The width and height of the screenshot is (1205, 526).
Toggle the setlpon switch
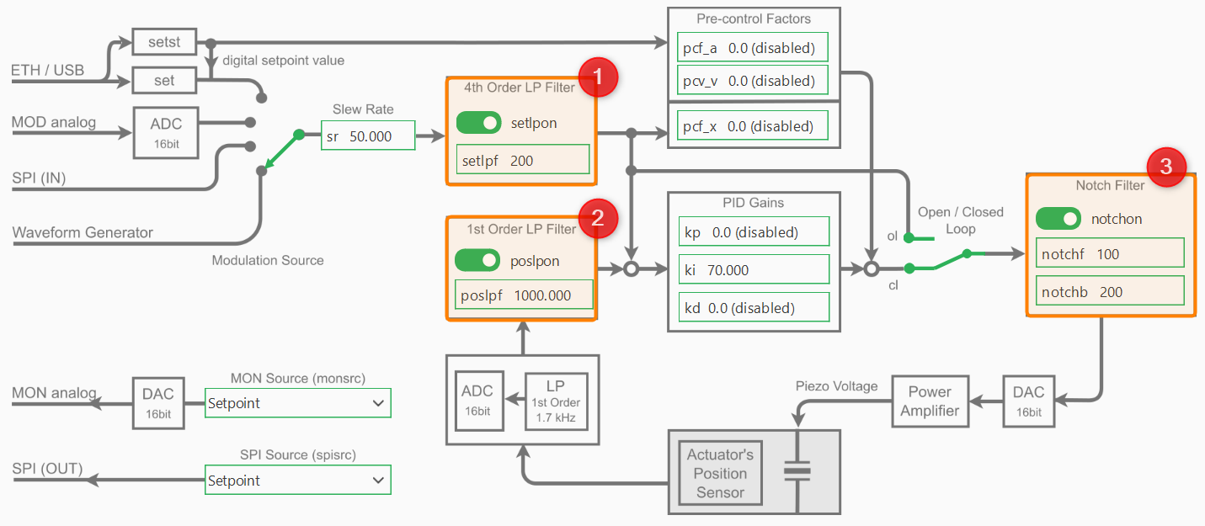[478, 123]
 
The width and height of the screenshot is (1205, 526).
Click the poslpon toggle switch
[477, 261]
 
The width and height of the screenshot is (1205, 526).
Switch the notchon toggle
[1058, 219]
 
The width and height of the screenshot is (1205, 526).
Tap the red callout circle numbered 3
[1165, 167]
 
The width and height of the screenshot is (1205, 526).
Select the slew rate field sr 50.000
[368, 136]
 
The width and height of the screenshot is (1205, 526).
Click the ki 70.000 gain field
[753, 270]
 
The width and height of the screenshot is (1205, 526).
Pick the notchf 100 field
[1110, 253]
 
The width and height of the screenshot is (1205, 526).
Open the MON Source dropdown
[297, 403]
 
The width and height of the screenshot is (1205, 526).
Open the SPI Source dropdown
[297, 481]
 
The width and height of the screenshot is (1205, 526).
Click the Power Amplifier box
[930, 401]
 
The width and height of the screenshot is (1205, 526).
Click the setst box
[163, 40]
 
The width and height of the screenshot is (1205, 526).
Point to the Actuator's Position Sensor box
[720, 473]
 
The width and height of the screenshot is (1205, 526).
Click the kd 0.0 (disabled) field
[753, 308]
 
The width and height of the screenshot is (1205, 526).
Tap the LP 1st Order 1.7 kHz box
[555, 401]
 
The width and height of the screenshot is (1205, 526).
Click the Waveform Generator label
[83, 232]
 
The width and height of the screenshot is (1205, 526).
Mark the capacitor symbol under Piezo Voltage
[797, 471]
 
